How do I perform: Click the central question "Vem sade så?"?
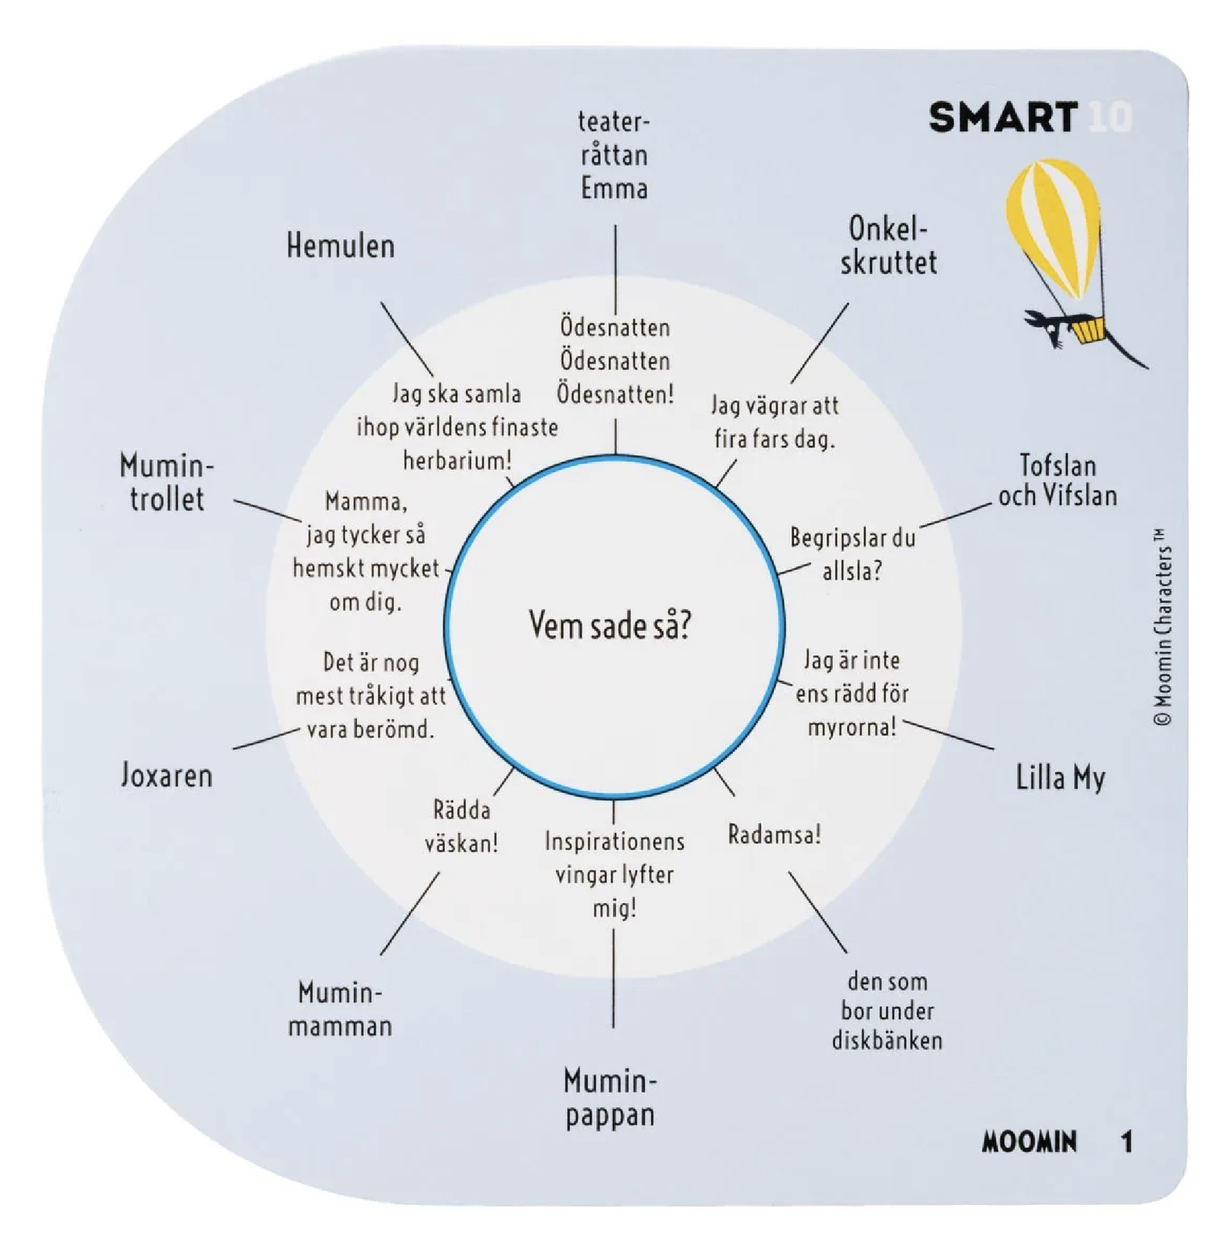pos(610,624)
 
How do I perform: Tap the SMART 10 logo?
pos(1031,117)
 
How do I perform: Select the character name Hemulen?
pos(340,246)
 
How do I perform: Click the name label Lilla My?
pos(1060,778)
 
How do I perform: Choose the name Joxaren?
pos(167,775)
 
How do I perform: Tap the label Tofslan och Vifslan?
pos(1058,480)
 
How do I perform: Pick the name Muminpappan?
pos(610,1097)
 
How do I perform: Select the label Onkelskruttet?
pos(888,245)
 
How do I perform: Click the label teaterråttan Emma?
pos(614,155)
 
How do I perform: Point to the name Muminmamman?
pos(340,1008)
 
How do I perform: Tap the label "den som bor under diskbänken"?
pos(887,1011)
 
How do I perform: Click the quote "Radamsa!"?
pos(774,834)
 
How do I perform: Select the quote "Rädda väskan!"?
pos(461,827)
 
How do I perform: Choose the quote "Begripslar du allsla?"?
pos(852,554)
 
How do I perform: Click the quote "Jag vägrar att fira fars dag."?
pos(774,422)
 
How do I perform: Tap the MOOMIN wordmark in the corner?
pos(1029,1141)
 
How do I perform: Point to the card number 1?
pos(1126,1142)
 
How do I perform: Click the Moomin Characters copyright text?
pos(1162,627)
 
